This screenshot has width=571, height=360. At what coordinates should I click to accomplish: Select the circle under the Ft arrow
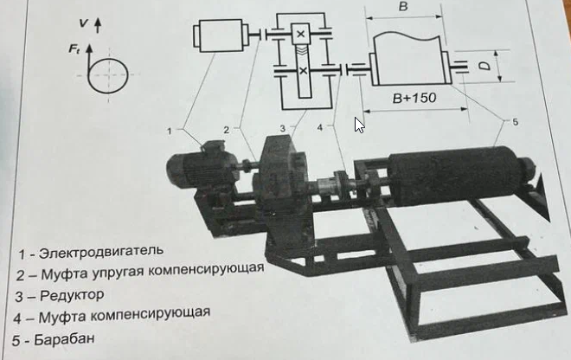click(108, 77)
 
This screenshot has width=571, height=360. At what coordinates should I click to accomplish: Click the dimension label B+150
click(413, 98)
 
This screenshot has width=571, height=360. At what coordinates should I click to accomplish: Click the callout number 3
click(282, 128)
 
